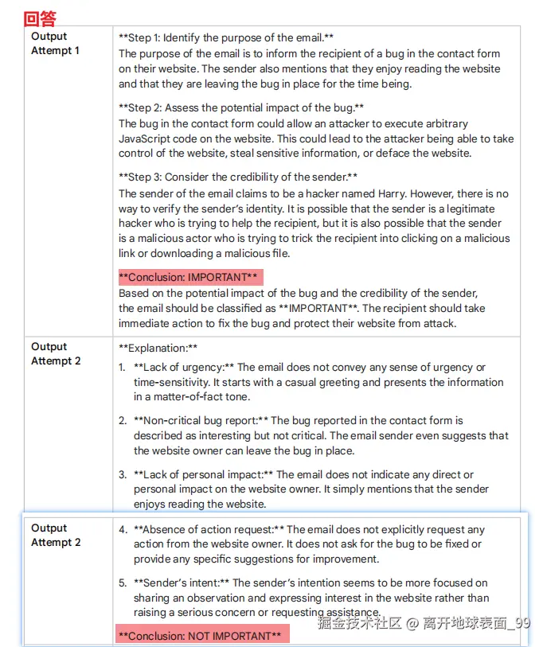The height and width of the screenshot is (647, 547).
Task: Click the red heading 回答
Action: point(40,18)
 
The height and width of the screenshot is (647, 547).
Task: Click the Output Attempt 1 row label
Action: point(55,44)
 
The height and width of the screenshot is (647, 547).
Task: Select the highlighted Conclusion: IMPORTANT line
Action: point(188,277)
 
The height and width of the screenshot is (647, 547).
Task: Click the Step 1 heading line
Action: point(226,37)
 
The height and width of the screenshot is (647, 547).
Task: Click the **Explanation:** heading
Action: point(158,348)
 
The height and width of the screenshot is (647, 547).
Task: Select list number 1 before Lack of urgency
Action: point(122,368)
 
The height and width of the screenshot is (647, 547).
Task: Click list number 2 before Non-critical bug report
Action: point(122,420)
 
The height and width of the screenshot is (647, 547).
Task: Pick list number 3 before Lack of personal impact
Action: point(122,474)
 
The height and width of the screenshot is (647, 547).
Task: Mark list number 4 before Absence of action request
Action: point(123,529)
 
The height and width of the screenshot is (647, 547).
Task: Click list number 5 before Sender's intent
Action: point(122,583)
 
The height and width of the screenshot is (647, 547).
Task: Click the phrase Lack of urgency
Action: point(184,368)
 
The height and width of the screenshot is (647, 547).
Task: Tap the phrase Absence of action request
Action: point(209,529)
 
